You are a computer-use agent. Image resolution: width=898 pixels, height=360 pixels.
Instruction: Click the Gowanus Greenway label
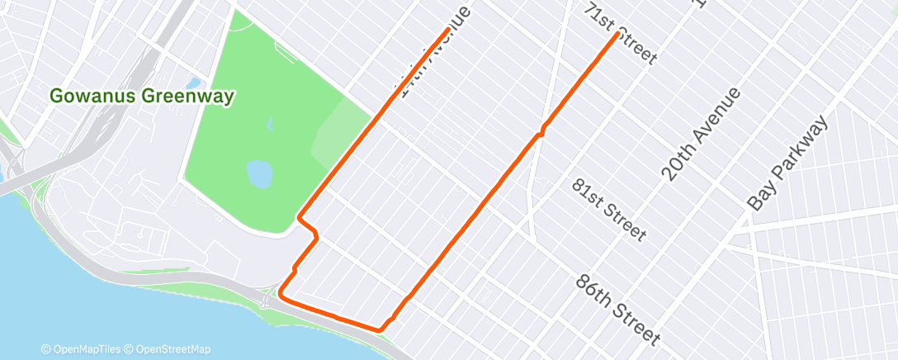click(x=142, y=97)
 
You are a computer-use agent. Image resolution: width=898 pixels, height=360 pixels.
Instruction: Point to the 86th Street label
click(x=618, y=310)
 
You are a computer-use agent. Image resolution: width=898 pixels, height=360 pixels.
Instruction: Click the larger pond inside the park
click(x=259, y=173)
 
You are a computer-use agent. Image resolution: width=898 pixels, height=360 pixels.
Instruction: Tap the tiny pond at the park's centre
click(x=272, y=126)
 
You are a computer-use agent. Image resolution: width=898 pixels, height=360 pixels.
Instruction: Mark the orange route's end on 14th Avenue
click(x=448, y=30)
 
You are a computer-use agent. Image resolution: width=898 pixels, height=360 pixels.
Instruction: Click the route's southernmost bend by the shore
click(x=379, y=329)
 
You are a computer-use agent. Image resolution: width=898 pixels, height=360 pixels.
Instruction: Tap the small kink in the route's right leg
click(x=541, y=130)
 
